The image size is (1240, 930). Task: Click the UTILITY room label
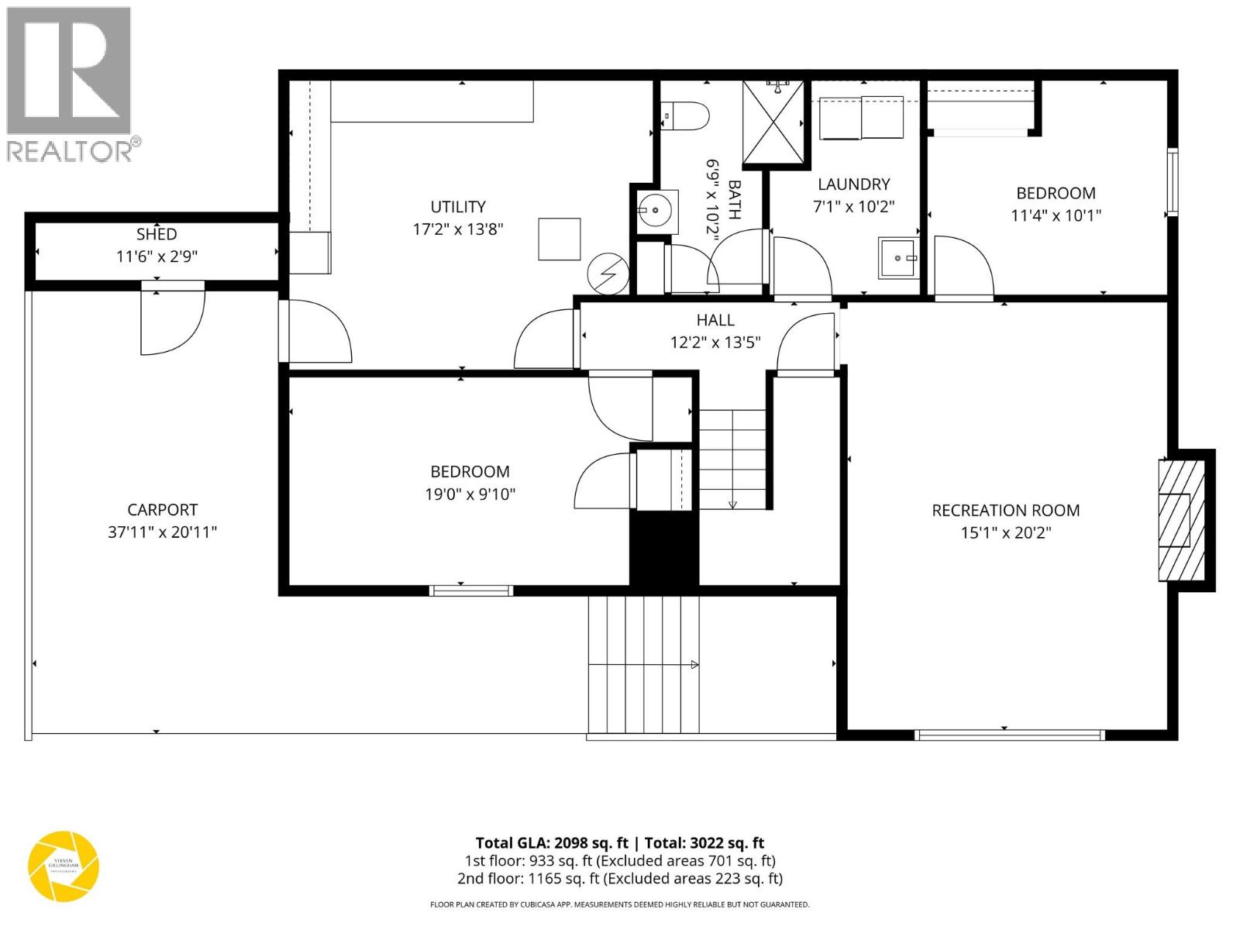click(x=458, y=207)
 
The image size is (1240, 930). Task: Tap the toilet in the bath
click(x=689, y=116)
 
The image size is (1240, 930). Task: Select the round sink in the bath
click(x=656, y=209)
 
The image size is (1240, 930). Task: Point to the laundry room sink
click(x=898, y=257)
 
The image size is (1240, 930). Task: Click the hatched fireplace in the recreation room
click(x=1181, y=520)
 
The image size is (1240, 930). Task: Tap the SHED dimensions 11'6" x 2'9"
click(x=157, y=257)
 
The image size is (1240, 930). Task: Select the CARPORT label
click(x=162, y=510)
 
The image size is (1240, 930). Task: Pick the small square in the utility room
click(x=560, y=239)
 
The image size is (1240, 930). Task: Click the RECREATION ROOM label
click(x=1005, y=511)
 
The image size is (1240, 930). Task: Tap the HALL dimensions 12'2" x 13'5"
click(x=715, y=342)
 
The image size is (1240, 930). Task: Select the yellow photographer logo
click(x=64, y=866)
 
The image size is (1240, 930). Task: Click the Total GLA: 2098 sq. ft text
click(x=552, y=843)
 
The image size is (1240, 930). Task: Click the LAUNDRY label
click(x=853, y=184)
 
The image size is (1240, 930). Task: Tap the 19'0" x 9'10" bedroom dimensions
click(x=470, y=494)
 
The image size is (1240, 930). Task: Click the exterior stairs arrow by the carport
click(x=694, y=664)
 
